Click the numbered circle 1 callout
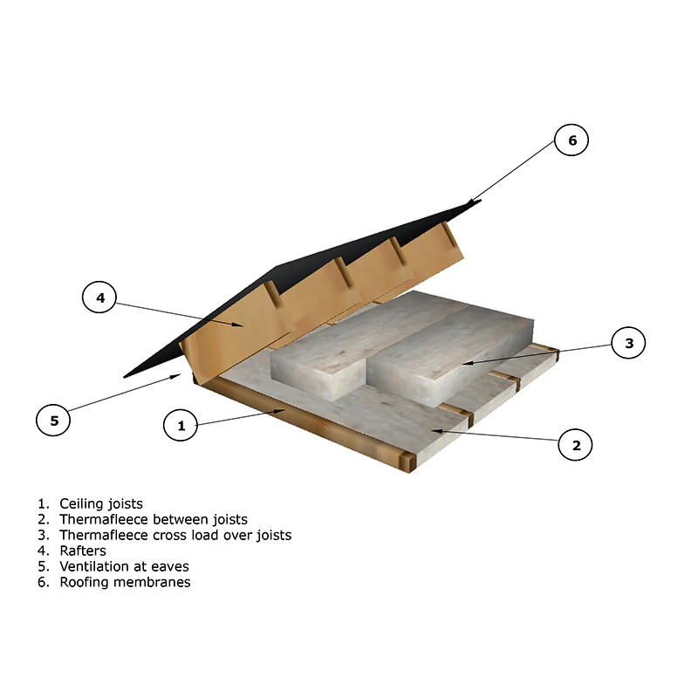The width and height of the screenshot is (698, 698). (181, 425)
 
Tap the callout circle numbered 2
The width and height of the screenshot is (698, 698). (575, 445)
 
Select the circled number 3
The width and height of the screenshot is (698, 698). (628, 343)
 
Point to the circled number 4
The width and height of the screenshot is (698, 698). (99, 297)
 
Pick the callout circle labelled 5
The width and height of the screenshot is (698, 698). (53, 420)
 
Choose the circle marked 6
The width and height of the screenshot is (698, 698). (571, 140)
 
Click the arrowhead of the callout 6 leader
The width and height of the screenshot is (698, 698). (473, 202)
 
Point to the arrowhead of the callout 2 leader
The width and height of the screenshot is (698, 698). (438, 430)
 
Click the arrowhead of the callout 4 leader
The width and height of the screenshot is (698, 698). (237, 324)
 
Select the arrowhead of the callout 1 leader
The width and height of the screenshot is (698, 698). (279, 411)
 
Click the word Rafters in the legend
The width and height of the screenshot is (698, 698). (83, 551)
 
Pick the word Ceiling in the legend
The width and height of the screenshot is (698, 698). (79, 504)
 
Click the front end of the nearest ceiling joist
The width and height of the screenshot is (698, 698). (407, 462)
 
